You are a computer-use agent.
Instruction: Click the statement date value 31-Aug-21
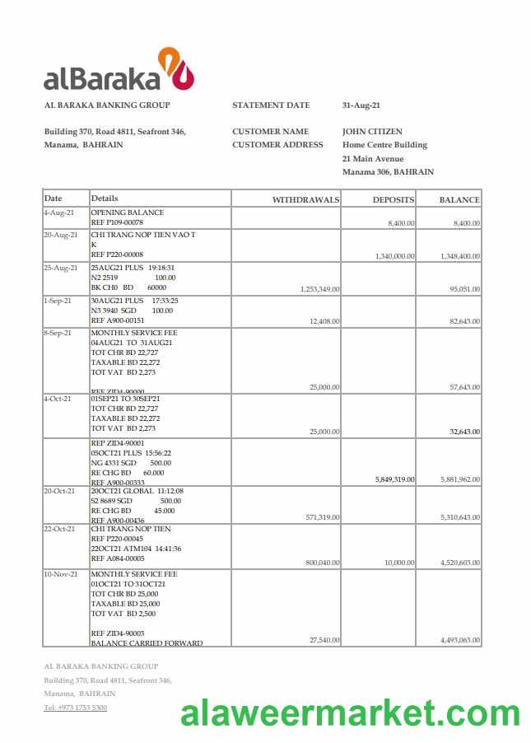click(361, 105)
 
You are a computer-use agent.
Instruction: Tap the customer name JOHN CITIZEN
click(372, 132)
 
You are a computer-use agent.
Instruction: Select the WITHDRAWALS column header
click(305, 200)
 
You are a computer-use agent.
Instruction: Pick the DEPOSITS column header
click(394, 200)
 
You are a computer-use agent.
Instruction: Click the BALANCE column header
click(459, 200)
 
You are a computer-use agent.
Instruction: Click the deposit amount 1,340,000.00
click(394, 256)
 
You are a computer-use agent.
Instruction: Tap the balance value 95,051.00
click(464, 289)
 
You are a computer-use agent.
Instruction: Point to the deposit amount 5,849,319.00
click(394, 479)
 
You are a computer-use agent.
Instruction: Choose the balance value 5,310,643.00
click(460, 517)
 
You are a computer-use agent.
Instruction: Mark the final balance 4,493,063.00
click(460, 640)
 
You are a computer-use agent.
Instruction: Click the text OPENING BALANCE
click(127, 213)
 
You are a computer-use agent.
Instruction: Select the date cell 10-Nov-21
click(60, 573)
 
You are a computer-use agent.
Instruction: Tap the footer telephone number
click(75, 708)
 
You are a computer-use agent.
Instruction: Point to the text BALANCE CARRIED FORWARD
click(146, 643)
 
